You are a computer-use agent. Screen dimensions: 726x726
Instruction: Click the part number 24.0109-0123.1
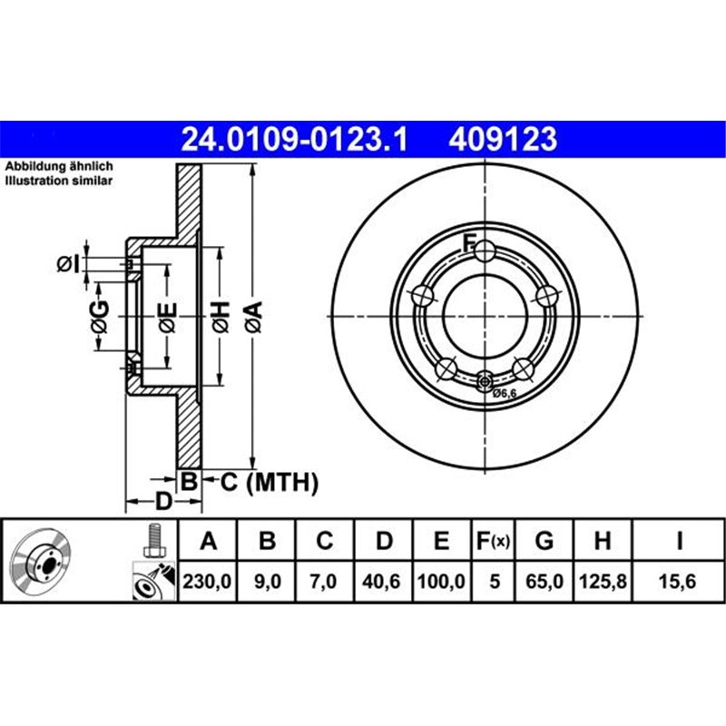(x=296, y=139)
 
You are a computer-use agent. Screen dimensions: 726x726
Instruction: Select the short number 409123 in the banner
(x=502, y=139)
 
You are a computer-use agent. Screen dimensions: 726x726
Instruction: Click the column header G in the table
(x=544, y=542)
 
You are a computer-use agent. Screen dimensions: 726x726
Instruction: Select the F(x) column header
(x=494, y=542)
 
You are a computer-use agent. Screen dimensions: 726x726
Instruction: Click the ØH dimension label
(x=219, y=315)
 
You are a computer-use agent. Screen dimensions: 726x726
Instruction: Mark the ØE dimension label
(x=167, y=315)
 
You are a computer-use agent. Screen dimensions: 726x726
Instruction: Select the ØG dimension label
(x=99, y=315)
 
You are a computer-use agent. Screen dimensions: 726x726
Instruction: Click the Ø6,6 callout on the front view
(x=504, y=392)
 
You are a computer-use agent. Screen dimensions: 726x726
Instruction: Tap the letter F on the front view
(x=470, y=241)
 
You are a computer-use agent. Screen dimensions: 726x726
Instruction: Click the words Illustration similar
(x=59, y=181)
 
